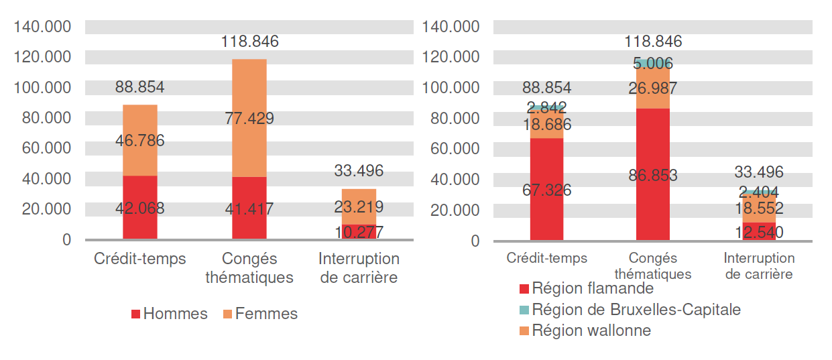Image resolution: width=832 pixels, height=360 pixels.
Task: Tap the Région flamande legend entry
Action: tap(586, 289)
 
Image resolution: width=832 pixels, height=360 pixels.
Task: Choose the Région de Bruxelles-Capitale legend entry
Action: tap(630, 310)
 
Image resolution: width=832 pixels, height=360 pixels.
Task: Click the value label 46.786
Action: tap(139, 141)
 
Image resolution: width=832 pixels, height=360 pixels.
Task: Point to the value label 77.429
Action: tap(249, 119)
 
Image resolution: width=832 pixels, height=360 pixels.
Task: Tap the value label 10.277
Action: tap(359, 233)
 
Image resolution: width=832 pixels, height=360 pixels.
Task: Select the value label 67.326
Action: tap(546, 190)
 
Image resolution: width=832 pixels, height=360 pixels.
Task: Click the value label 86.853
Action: tap(652, 176)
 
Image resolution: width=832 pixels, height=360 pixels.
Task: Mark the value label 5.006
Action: tap(652, 64)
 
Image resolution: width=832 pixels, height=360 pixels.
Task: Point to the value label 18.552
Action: tap(759, 208)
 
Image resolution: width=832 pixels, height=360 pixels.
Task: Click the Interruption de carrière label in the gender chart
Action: tap(359, 267)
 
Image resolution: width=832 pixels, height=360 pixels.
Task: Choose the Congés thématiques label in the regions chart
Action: tap(652, 265)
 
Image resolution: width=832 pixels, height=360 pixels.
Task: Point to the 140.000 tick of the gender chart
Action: tap(42, 27)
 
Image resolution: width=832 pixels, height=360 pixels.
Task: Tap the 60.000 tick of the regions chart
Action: tap(451, 149)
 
